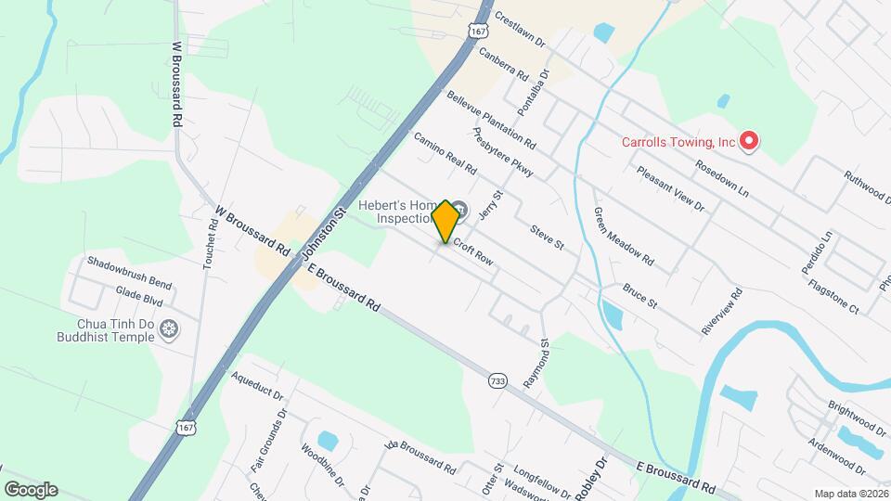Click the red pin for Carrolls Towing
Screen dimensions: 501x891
(x=748, y=141)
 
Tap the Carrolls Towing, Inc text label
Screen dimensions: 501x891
(x=678, y=142)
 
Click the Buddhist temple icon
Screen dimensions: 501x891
(x=169, y=328)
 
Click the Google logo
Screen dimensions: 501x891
(x=30, y=489)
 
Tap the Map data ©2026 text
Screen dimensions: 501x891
(x=850, y=493)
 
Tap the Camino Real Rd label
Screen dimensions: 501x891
(x=445, y=154)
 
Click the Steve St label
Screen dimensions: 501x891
(x=548, y=237)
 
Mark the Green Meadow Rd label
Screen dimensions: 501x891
(x=624, y=235)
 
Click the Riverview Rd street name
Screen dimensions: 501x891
(x=723, y=312)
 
